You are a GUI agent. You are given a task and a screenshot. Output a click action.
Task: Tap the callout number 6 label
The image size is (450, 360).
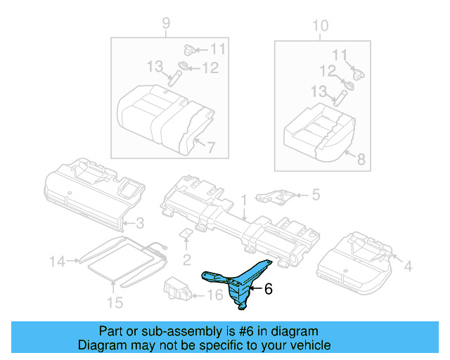pos(268,288)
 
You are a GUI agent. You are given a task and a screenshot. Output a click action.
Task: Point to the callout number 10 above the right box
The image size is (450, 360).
pos(320,26)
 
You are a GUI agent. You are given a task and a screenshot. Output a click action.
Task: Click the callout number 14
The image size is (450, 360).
pos(56,262)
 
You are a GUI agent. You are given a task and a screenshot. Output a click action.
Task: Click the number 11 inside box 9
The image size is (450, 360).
pos(217,49)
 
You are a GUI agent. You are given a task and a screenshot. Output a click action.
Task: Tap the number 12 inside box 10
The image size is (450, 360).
pos(328,71)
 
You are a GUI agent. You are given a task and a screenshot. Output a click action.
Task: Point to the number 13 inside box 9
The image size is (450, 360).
pos(155,67)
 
